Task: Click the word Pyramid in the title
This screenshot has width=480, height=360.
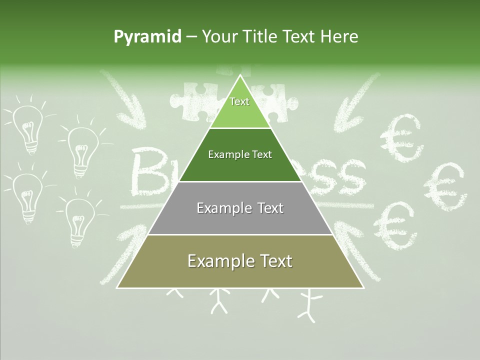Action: coord(147,37)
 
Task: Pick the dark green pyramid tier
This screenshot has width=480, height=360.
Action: coord(240,155)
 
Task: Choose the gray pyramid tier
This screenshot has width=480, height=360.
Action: coord(240,208)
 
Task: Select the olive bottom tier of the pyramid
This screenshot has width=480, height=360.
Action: coord(240,261)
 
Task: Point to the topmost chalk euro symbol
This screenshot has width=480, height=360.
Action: coord(402,137)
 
